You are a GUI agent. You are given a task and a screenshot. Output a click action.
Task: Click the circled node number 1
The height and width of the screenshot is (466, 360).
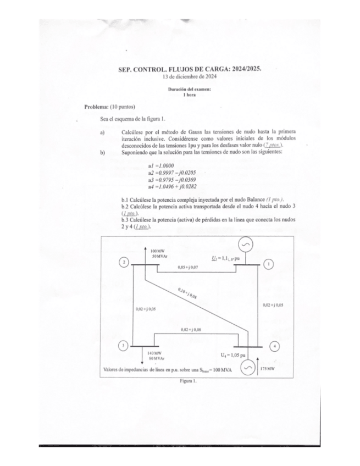tap(269, 264)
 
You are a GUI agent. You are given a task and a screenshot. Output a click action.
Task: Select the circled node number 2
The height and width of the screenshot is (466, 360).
tap(125, 262)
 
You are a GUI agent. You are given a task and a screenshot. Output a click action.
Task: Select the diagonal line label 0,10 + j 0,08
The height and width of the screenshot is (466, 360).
tap(188, 292)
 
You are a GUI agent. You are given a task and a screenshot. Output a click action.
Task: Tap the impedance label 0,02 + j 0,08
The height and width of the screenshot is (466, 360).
tap(190, 330)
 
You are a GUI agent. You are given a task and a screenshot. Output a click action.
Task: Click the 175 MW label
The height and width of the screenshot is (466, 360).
tap(268, 368)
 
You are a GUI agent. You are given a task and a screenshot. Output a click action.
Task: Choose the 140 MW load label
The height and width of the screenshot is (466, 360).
tap(154, 353)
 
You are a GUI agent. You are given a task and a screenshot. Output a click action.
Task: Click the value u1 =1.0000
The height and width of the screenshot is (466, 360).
tap(162, 166)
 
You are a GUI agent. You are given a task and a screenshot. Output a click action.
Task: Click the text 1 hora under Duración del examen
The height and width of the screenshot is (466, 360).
tap(190, 95)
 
